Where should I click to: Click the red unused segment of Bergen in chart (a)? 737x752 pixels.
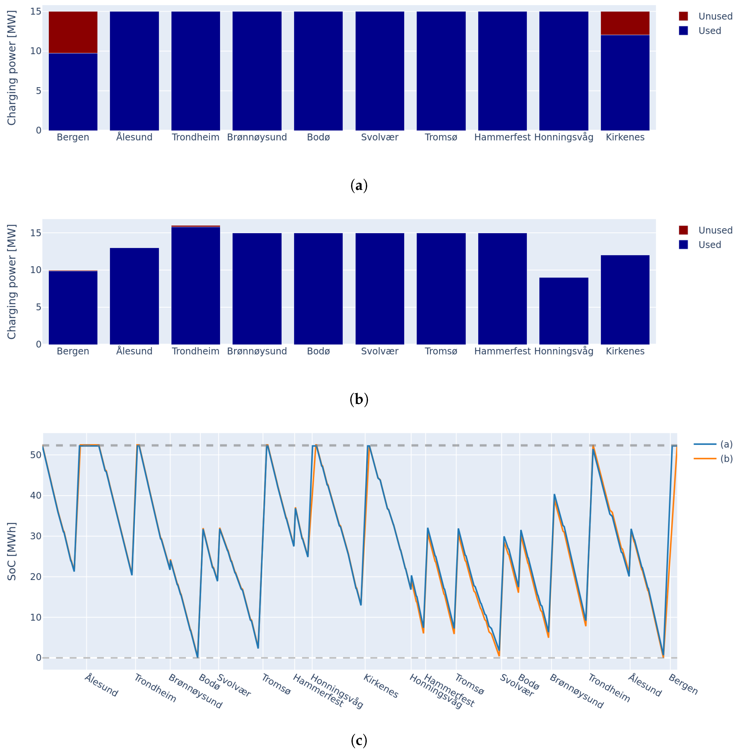pyautogui.click(x=73, y=32)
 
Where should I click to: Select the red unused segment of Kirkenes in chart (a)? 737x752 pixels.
pyautogui.click(x=625, y=23)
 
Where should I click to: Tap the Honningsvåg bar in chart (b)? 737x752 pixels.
pyautogui.click(x=564, y=311)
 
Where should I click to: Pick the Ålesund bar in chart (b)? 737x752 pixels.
pyautogui.click(x=134, y=296)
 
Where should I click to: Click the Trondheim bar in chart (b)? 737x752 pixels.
pyautogui.click(x=196, y=286)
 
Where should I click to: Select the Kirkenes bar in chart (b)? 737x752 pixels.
pyautogui.click(x=625, y=299)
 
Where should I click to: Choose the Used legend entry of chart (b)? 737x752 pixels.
pyautogui.click(x=709, y=245)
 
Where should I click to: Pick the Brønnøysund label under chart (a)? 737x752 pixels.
pyautogui.click(x=257, y=137)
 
